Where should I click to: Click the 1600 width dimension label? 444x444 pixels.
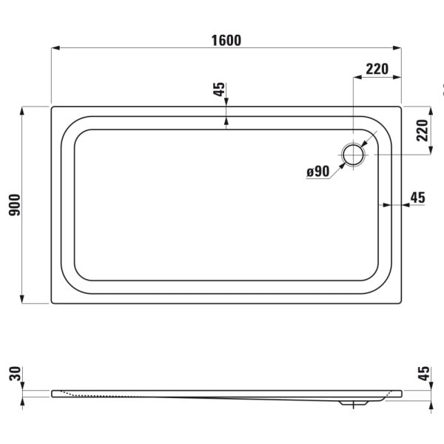tap(226, 41)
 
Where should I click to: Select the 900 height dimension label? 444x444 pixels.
tap(14, 204)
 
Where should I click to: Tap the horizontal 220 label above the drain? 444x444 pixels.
tap(377, 70)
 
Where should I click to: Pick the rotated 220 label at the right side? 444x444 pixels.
tap(423, 130)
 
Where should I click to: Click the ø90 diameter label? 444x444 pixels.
tap(317, 172)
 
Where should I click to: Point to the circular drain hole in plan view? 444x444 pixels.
tap(353, 154)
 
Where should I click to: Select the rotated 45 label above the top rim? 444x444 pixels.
tap(218, 90)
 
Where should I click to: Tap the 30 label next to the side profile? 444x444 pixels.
tap(14, 374)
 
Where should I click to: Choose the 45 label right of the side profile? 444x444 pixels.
tap(423, 374)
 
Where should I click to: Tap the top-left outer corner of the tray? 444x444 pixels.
tap(52, 107)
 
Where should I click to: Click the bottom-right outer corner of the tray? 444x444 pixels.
tap(401, 303)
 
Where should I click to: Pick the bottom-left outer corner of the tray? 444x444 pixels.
tap(52, 303)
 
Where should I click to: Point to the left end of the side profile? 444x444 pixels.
tap(53, 393)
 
